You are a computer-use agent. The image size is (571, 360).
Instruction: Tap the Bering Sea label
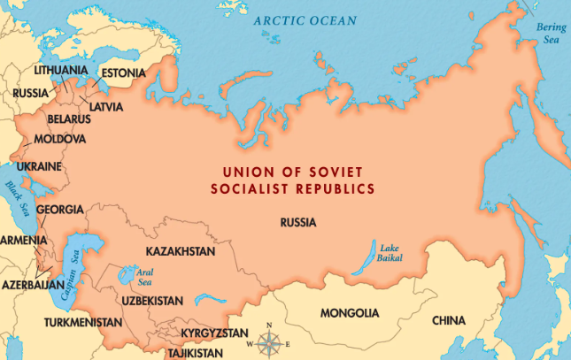tap(551, 33)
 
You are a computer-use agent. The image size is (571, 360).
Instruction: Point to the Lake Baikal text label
tap(390, 251)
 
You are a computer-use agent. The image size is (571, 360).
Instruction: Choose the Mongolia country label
tap(350, 313)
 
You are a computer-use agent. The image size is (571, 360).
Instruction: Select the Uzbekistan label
tap(153, 302)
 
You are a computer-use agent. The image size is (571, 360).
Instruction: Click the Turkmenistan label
tap(82, 323)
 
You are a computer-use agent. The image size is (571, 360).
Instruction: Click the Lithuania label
tap(60, 69)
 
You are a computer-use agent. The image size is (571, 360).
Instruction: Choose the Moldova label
tap(60, 140)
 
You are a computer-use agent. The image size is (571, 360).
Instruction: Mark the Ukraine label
tap(40, 166)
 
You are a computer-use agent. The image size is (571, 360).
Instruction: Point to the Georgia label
tap(59, 210)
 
